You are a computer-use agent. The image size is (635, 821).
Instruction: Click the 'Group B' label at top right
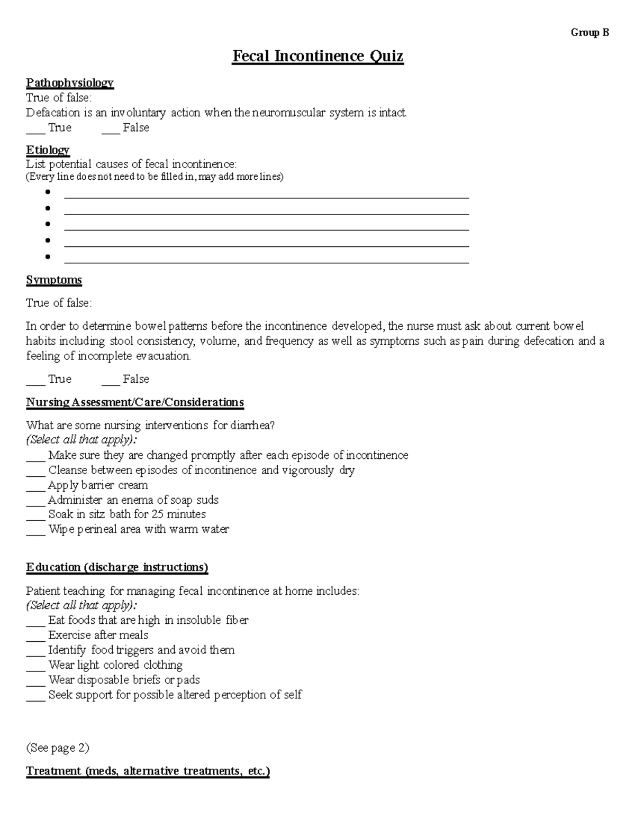tap(589, 33)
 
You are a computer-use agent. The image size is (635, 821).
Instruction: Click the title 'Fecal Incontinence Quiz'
tap(317, 56)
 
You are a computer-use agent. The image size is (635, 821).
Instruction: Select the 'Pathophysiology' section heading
tap(70, 82)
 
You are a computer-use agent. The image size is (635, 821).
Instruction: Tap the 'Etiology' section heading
tap(48, 150)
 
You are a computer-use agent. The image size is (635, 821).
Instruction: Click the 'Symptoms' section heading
tap(54, 280)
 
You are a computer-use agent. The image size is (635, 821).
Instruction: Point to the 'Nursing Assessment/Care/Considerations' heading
tap(135, 402)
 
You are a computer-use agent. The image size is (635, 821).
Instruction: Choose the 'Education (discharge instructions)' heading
tap(117, 567)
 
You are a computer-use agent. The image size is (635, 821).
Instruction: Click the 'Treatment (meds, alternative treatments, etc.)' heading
tap(148, 771)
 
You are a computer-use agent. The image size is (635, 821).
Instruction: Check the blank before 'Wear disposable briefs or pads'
tap(35, 681)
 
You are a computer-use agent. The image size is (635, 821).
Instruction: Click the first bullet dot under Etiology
tap(48, 192)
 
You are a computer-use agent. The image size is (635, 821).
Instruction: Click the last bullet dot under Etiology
tap(48, 257)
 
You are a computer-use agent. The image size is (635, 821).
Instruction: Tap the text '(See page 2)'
tap(58, 748)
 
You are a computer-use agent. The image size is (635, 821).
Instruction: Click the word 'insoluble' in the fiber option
tap(198, 620)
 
